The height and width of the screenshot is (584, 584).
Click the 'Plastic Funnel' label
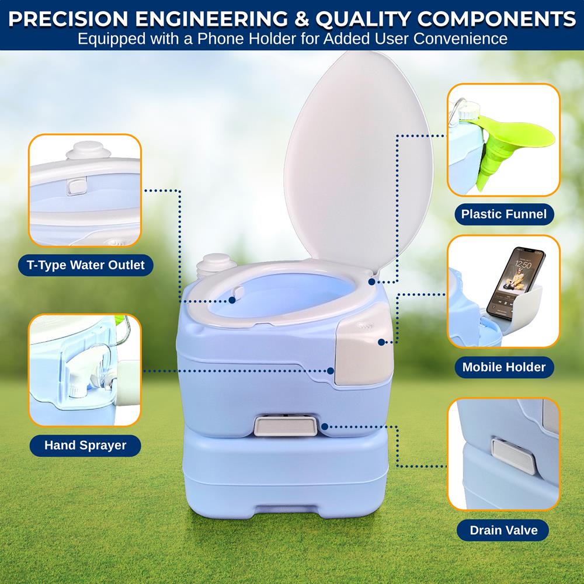coord(503,214)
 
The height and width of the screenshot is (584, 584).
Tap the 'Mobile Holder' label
coord(503,367)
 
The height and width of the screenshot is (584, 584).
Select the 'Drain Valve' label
coord(503,531)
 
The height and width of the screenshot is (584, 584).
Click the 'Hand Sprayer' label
coord(85,445)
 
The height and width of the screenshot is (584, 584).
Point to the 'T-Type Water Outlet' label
coord(85,265)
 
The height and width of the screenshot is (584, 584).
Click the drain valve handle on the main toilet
coord(287,426)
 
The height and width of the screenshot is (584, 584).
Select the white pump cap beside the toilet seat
coord(213,265)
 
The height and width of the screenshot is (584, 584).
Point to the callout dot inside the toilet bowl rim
coord(232,300)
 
